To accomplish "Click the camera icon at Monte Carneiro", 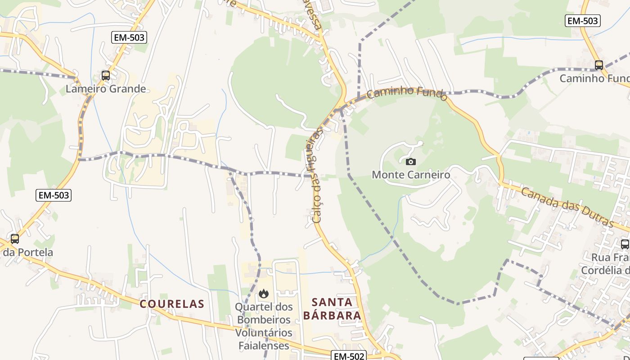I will (410, 162).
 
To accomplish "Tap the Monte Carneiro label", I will (410, 175).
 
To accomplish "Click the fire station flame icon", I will (264, 294).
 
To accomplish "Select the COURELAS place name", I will (172, 304).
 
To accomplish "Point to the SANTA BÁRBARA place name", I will (332, 308).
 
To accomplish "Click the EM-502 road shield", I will (349, 356).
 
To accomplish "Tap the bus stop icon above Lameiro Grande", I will (106, 76).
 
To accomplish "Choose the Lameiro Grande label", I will (106, 89).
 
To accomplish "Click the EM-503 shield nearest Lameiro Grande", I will (129, 37).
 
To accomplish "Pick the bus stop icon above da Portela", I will (15, 238).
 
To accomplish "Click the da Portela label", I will (28, 252).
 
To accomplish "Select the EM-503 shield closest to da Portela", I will (54, 195).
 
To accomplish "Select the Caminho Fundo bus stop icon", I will (598, 65).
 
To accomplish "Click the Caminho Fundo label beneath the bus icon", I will (594, 78).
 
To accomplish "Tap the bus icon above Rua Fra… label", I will (625, 244).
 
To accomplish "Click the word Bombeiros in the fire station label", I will (264, 320).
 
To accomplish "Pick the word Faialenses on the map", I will (264, 346).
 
